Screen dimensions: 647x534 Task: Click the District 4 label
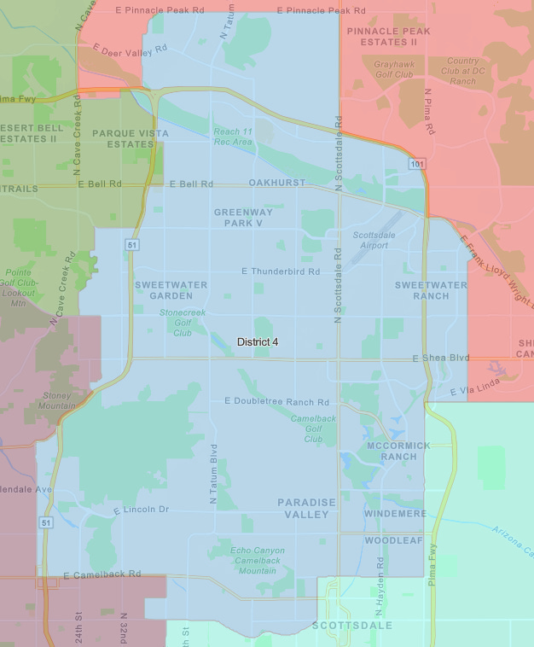258,341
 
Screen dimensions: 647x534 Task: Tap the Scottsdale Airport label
370,240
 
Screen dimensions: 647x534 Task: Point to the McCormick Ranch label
398,451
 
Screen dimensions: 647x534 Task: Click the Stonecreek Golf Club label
183,323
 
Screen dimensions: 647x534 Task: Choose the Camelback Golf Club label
313,428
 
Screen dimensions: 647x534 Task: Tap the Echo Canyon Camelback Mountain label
258,560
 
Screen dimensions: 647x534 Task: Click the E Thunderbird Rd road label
281,271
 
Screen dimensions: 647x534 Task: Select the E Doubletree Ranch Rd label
276,401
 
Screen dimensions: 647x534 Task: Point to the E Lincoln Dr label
142,510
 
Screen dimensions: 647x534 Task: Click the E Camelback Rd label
102,574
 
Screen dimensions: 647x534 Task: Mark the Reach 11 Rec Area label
233,137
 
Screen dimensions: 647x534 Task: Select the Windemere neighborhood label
395,514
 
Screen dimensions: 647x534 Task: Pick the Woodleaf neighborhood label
394,540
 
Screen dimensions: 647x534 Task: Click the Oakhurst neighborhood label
277,184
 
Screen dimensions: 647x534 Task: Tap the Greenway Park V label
244,217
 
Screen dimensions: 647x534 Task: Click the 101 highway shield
415,163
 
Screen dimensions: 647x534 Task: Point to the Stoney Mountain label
57,401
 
